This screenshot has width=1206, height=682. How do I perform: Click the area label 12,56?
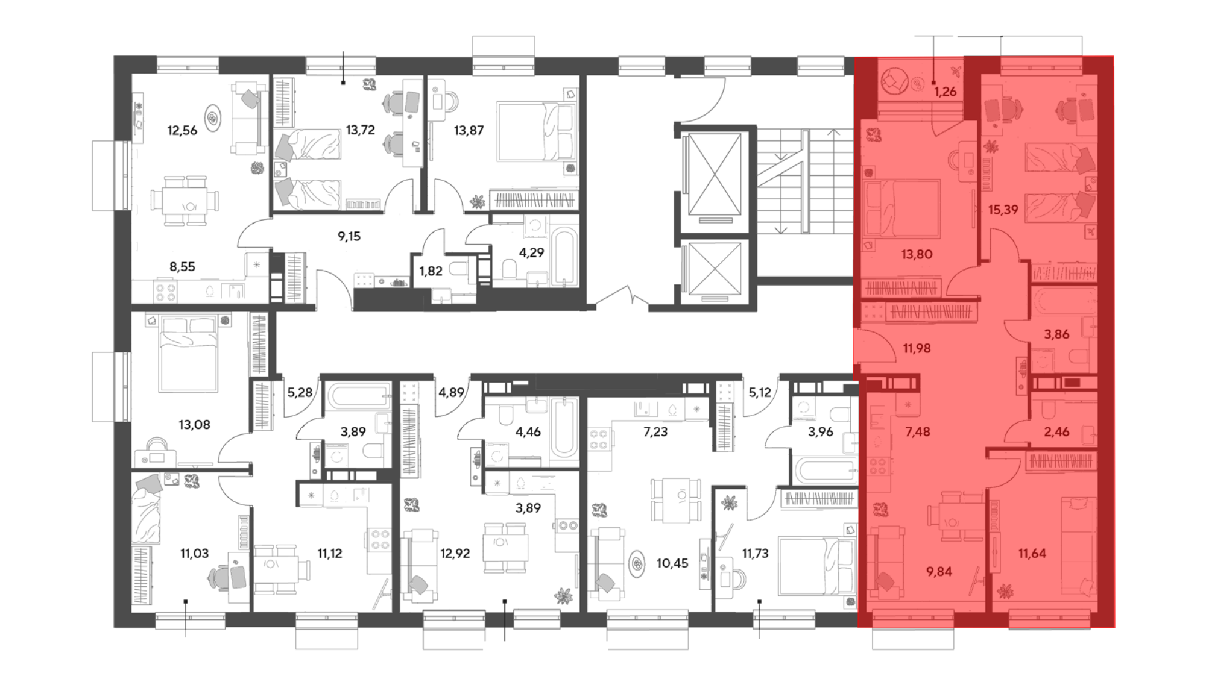182,130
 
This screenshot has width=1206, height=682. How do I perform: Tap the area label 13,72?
360,130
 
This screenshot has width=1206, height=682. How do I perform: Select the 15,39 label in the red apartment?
1003,210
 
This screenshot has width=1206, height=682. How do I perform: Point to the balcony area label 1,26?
946,92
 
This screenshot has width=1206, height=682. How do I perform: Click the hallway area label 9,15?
349,236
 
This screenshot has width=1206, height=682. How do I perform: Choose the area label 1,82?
431,271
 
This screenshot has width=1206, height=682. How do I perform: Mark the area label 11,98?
917,348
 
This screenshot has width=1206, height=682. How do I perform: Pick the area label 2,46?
1056,431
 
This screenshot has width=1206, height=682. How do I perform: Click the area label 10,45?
672,564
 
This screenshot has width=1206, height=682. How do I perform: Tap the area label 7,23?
655,431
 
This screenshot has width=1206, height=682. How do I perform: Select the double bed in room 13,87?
535,131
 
